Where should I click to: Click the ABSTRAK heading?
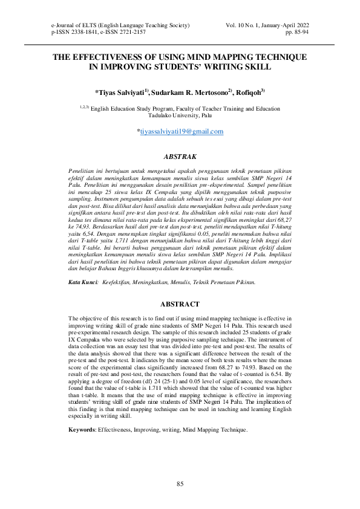coord(180,156)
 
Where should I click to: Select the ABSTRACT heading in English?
coord(180,303)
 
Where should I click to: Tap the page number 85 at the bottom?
coord(180,484)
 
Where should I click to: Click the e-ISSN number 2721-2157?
coord(133,31)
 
